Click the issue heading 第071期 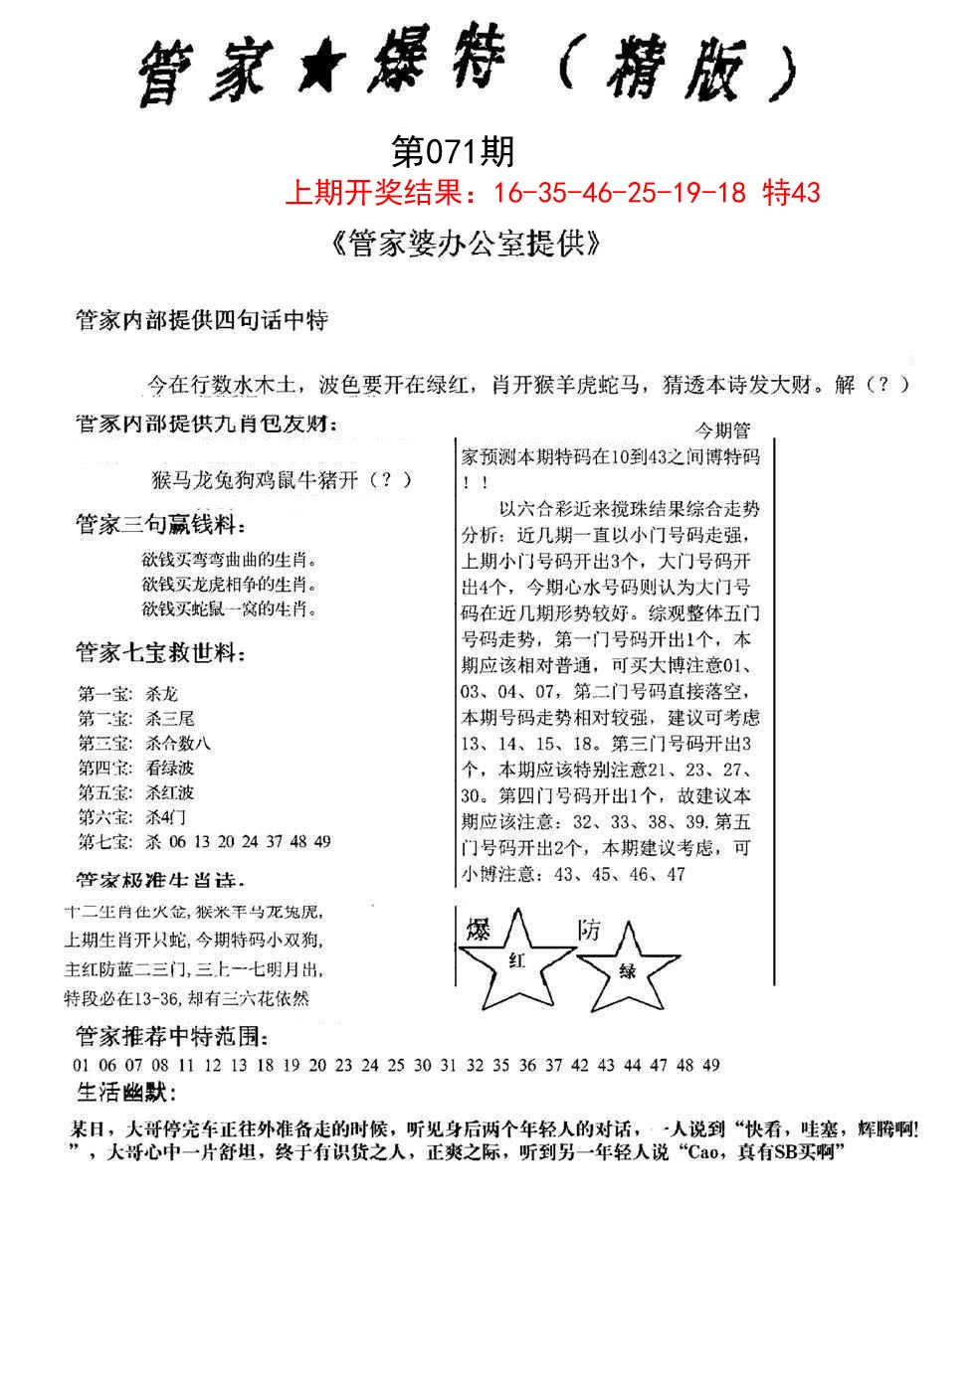click(454, 152)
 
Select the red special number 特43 click(792, 192)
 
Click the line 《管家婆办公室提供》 click(464, 246)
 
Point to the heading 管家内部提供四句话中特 click(202, 320)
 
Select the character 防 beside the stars click(589, 930)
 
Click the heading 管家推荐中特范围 click(171, 1038)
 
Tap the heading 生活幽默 click(126, 1094)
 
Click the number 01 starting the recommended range click(82, 1065)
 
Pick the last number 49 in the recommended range click(710, 1065)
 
